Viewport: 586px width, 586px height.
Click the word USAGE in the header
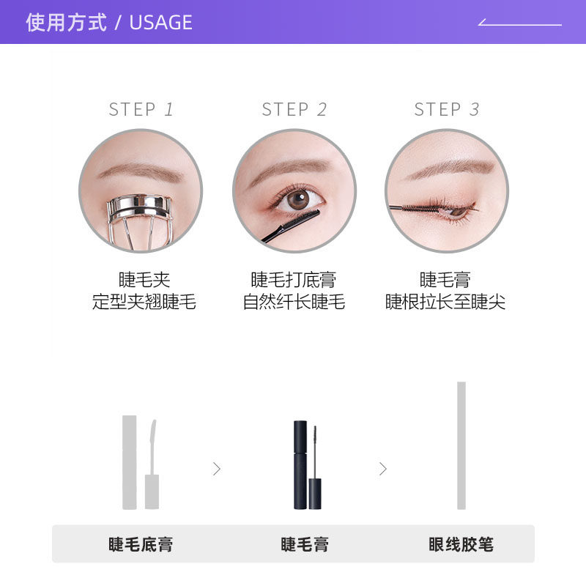[x=160, y=22]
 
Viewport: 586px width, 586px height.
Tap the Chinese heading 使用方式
[x=66, y=22]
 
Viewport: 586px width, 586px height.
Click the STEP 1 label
[x=141, y=110]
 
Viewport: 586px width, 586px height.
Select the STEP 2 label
[x=294, y=110]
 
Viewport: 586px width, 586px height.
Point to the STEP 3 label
[x=447, y=110]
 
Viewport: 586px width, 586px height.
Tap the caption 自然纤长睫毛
[x=294, y=302]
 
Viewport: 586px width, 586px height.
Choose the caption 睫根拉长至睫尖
[x=445, y=302]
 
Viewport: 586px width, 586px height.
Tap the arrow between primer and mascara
[x=217, y=469]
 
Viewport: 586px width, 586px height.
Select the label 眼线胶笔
[x=461, y=544]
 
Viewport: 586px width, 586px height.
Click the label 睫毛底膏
[x=141, y=544]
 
